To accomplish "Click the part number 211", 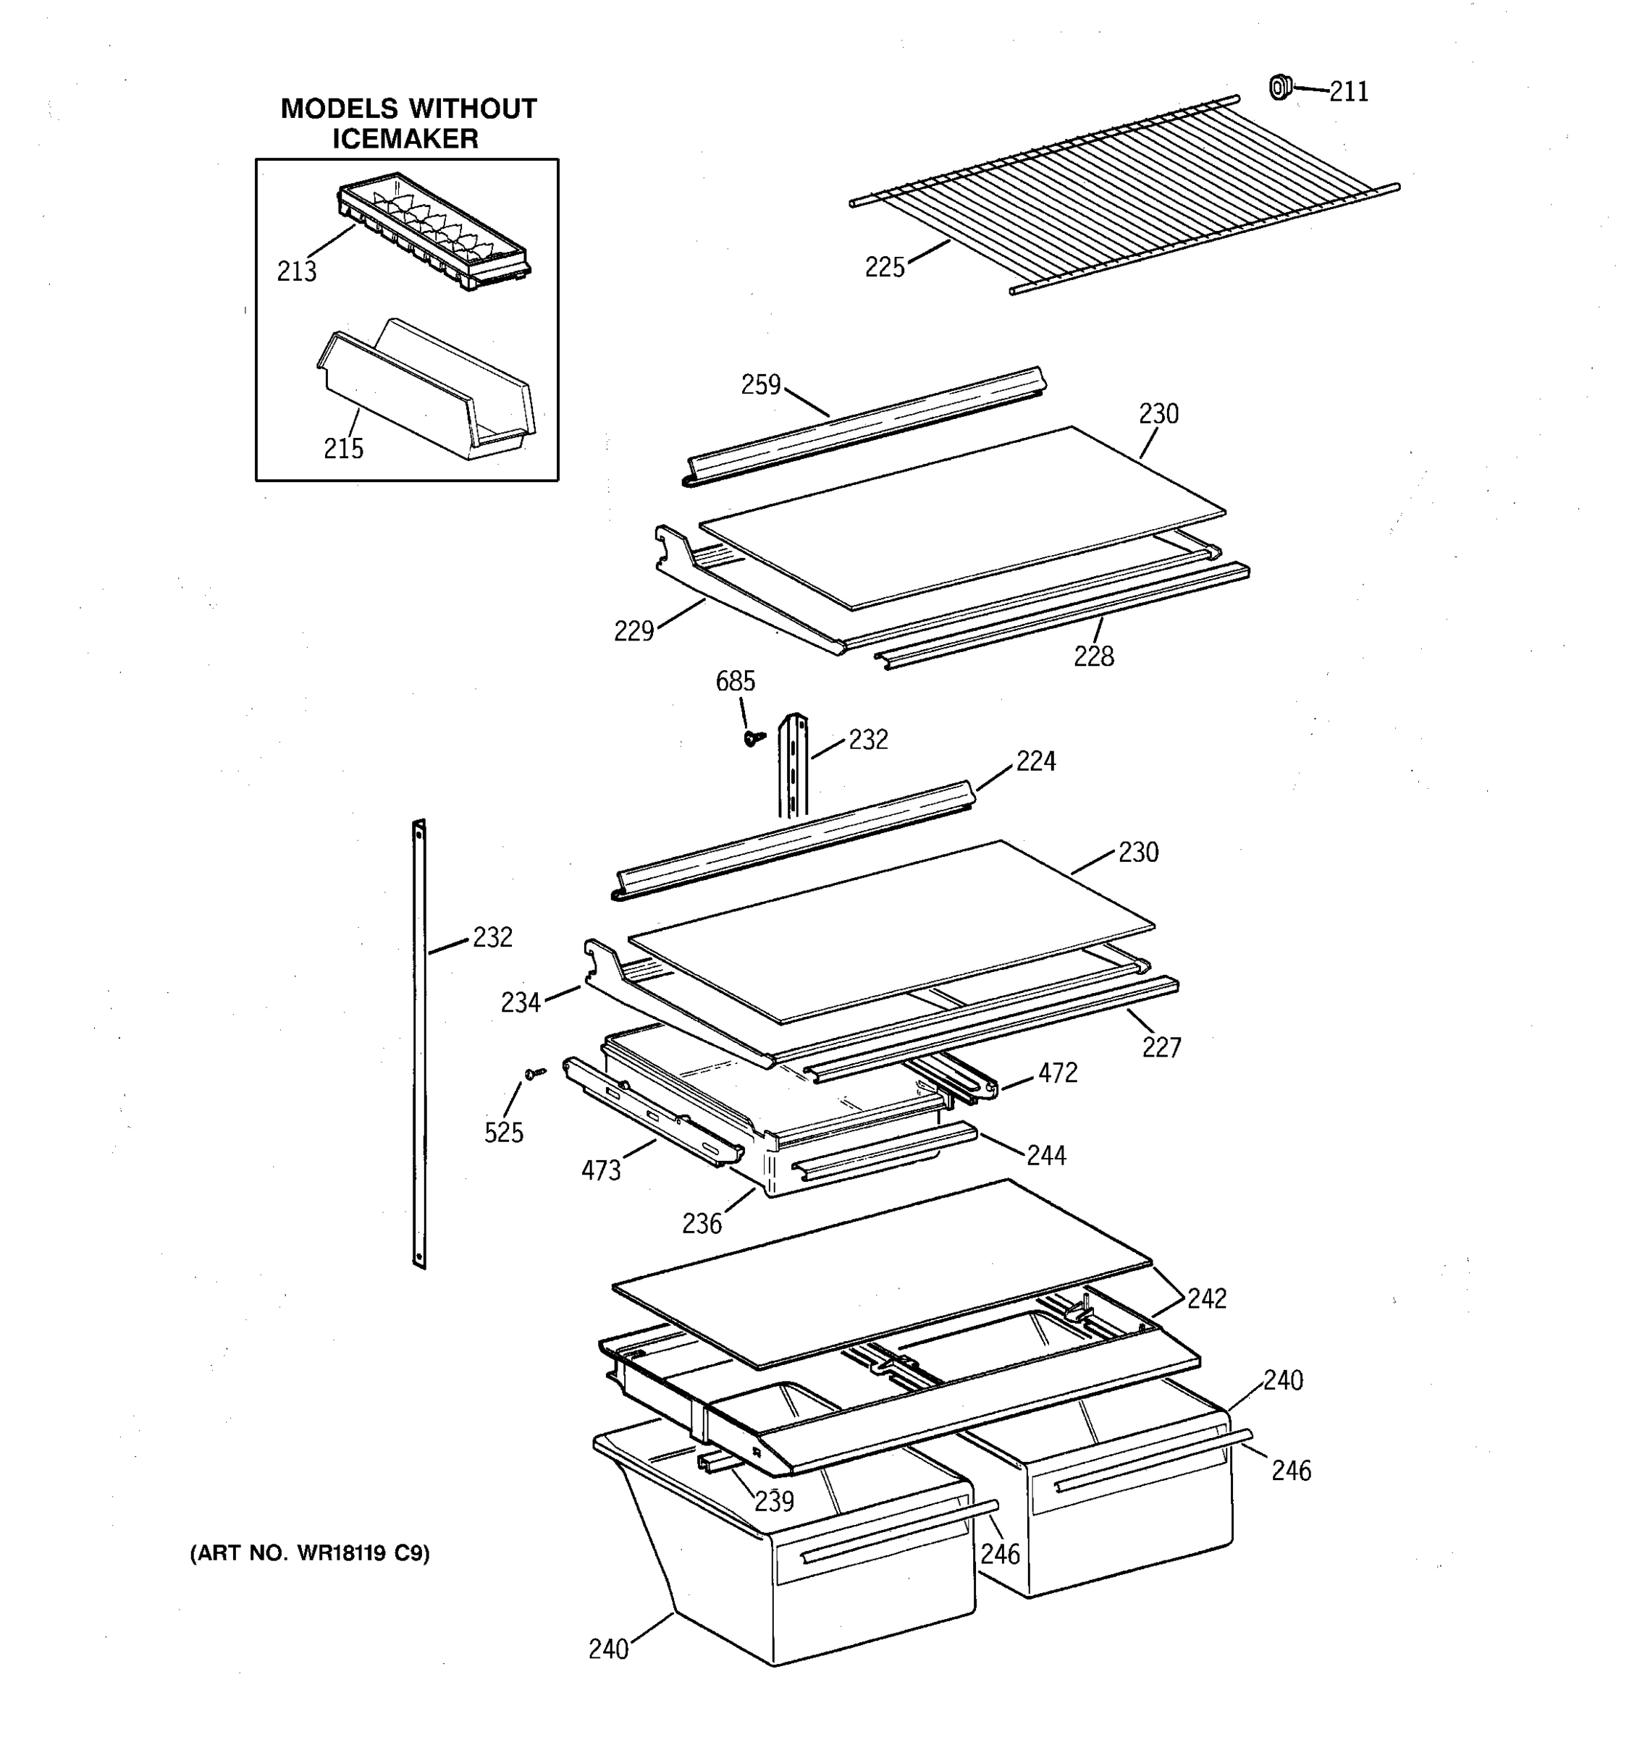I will pos(1349,92).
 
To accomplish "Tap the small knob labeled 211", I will pos(1279,88).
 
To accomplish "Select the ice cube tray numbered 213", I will pos(434,231).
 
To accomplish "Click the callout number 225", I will pos(885,267).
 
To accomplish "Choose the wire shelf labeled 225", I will pos(1123,197).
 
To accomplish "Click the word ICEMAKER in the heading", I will pos(405,139).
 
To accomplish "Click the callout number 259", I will pos(760,384).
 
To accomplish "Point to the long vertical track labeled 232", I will pos(419,1044).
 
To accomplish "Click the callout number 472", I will pos(1058,1073).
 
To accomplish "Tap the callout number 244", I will pos(1046,1156).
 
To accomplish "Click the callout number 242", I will pos(1206,1299).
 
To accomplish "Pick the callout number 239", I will pos(774,1501).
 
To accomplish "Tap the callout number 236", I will pos(702,1224).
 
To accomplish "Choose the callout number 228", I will pos(1093,656).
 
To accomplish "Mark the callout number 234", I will pos(520,1003).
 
